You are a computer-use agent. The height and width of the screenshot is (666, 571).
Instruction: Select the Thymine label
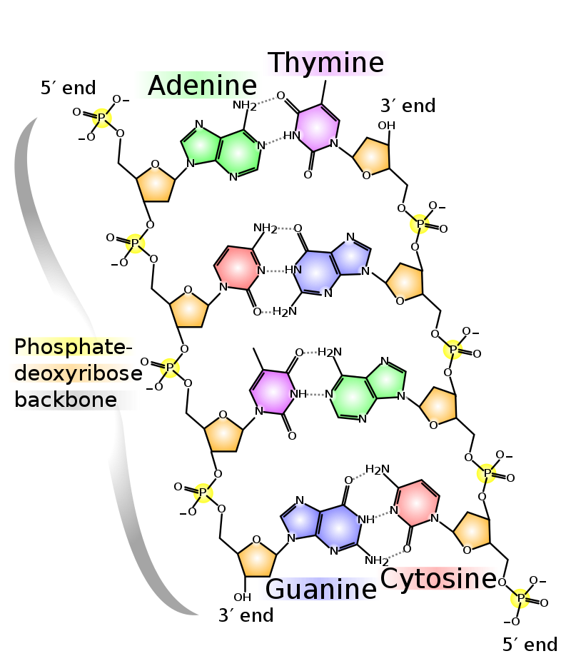click(326, 64)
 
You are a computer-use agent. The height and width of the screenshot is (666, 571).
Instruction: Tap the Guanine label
click(319, 589)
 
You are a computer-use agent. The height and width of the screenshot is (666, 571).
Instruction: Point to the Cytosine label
click(437, 579)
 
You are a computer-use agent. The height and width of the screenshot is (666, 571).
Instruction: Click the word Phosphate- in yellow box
click(72, 347)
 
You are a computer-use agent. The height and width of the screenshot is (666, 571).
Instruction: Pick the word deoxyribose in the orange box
click(72, 373)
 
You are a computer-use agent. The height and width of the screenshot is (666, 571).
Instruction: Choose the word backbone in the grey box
click(66, 400)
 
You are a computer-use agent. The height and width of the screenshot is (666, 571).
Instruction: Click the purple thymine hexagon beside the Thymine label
click(317, 128)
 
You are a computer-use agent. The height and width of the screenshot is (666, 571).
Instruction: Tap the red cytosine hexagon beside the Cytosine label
click(417, 503)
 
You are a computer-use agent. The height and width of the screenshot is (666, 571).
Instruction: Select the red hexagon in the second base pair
click(238, 268)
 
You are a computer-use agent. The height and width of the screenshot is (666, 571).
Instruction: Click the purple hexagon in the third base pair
click(272, 391)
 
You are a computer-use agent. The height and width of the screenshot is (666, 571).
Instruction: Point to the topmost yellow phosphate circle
click(102, 118)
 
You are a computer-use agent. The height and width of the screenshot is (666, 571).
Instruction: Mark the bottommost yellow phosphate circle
click(520, 598)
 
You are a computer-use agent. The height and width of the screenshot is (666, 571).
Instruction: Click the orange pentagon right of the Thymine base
click(373, 156)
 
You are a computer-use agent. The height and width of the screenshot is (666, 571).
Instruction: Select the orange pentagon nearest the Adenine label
click(156, 185)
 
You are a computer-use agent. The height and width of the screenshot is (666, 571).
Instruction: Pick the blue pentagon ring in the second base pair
click(350, 257)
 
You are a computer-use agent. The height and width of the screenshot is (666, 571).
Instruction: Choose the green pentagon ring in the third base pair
click(385, 380)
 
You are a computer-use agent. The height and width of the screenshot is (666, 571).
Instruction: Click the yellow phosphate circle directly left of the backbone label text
click(169, 368)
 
